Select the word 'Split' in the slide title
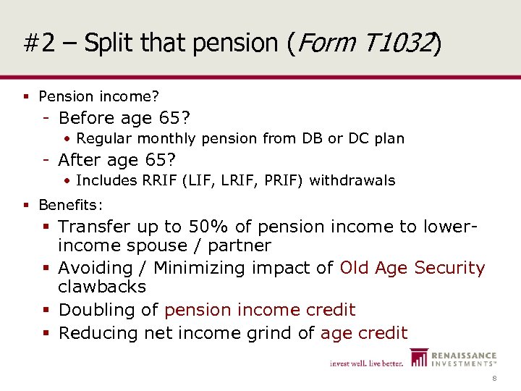pos(107,44)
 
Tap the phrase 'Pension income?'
pos(99,96)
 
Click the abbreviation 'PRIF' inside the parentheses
pos(274,180)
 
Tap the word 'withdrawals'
pos(352,180)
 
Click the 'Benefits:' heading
pos(71,205)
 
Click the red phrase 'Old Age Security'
pos(412,268)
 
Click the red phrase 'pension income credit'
pos(260,310)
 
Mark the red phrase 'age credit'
pos(364,333)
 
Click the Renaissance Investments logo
pos(453,358)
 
